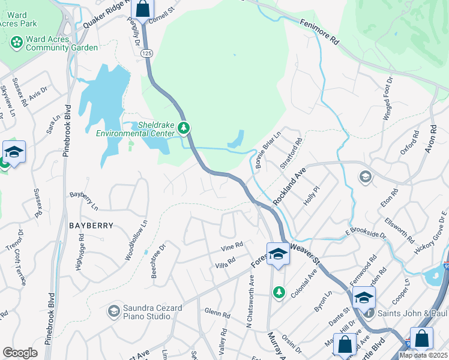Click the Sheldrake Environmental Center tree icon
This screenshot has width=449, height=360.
(x=184, y=128)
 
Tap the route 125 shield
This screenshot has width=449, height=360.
(x=146, y=53)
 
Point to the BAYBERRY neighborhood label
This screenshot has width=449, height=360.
(x=91, y=226)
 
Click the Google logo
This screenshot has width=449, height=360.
(x=20, y=353)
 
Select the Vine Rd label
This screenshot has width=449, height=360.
(x=231, y=246)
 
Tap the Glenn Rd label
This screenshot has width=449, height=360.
(x=217, y=313)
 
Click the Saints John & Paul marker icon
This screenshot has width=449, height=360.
(x=369, y=313)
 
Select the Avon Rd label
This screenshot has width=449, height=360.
(x=430, y=138)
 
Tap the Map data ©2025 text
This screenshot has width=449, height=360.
(x=423, y=355)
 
